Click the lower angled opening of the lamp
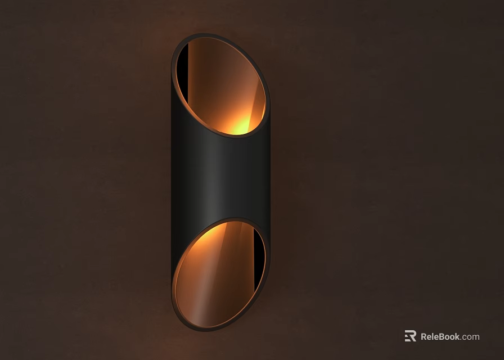(x=219, y=274)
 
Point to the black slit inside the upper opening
(x=183, y=73)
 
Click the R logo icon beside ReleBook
(x=411, y=336)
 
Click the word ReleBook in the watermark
(x=440, y=336)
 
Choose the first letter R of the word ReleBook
(x=424, y=336)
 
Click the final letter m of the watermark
(x=476, y=337)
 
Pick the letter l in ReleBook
(x=433, y=336)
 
